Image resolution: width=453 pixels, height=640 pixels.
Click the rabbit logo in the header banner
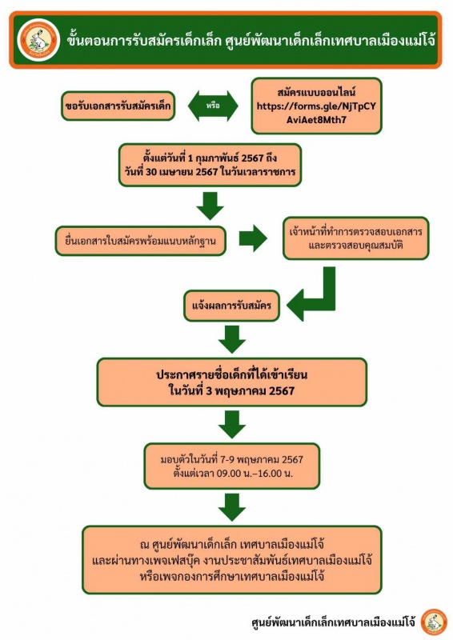click(38, 40)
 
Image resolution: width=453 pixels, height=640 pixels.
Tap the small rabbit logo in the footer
click(434, 622)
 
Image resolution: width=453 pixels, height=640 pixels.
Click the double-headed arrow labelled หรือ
click(213, 106)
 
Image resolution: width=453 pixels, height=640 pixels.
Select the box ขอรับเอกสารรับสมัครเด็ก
click(118, 106)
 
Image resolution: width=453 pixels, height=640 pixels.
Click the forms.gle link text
click(316, 113)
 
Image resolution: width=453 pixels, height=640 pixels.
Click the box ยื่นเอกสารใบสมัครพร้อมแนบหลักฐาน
click(141, 241)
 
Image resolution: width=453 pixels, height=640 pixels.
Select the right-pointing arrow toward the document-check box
click(253, 238)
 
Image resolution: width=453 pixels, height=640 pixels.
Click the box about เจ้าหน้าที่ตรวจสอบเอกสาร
click(356, 238)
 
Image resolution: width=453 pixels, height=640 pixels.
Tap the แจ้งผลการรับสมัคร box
click(231, 306)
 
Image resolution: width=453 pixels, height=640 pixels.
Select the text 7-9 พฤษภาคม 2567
click(262, 460)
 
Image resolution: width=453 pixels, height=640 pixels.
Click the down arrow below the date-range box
click(210, 206)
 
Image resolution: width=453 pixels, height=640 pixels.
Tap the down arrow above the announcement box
click(232, 339)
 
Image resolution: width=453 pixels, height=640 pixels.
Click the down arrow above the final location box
click(232, 507)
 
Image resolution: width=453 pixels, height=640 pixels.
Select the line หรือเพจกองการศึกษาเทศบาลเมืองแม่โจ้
click(232, 577)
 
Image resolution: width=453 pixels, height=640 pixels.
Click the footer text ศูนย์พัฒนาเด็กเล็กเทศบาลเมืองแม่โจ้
click(333, 623)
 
